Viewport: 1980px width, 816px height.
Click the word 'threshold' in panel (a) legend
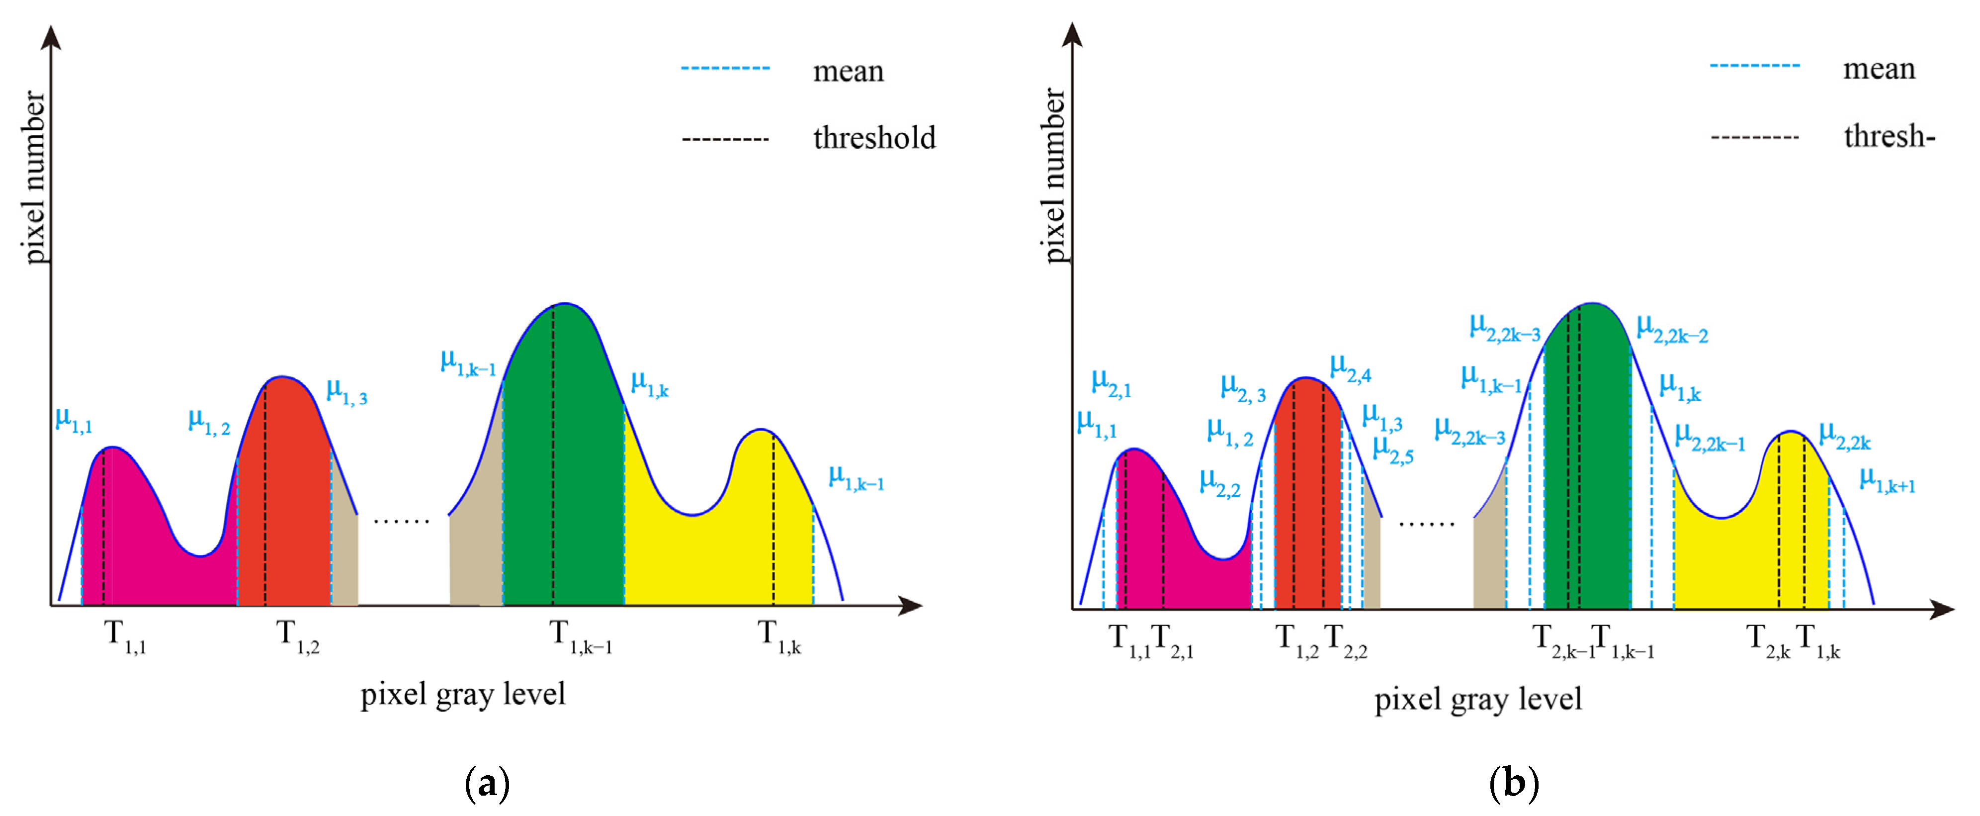(874, 138)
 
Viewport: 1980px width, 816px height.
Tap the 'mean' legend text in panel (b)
(1879, 69)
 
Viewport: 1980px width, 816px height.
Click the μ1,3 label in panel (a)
(346, 392)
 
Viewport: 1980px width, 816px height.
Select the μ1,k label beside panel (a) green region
(650, 384)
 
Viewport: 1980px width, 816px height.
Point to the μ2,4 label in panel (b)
(1351, 368)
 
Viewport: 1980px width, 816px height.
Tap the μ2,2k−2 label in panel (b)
(1672, 329)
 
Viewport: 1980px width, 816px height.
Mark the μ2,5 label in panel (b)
(1393, 450)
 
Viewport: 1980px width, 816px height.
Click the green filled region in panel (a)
(563, 477)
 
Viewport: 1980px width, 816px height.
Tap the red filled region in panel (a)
(284, 500)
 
